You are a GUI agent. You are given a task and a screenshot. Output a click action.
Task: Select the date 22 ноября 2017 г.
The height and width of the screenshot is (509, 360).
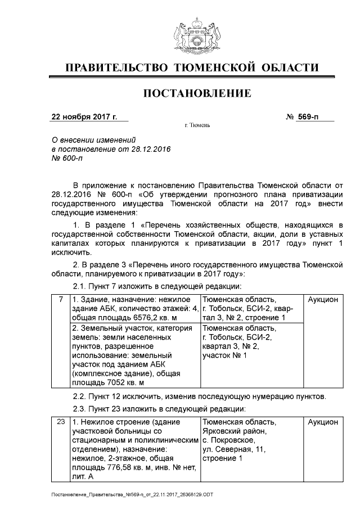click(84, 117)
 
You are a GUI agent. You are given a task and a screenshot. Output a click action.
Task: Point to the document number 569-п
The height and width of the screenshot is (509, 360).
click(308, 117)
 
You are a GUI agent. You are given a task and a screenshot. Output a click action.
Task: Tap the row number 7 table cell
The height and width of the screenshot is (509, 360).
click(60, 300)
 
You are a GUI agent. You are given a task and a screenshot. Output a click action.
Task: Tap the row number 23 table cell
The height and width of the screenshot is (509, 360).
click(60, 421)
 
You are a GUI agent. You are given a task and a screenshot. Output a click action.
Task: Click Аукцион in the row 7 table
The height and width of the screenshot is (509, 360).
click(323, 300)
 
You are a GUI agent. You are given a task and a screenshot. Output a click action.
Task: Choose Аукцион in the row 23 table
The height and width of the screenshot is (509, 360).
click(323, 421)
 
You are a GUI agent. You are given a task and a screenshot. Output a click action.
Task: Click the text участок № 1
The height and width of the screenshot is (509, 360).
click(225, 355)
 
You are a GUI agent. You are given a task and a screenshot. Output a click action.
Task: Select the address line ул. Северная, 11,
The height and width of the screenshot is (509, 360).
click(233, 449)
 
